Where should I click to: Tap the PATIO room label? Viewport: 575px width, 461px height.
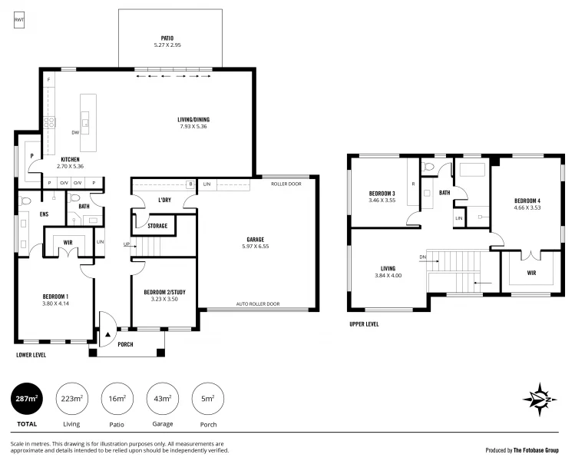click(x=167, y=38)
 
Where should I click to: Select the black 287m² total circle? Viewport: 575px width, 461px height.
click(x=26, y=398)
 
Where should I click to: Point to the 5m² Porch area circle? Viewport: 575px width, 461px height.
click(x=207, y=398)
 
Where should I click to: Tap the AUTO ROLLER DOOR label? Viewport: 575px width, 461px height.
click(x=258, y=303)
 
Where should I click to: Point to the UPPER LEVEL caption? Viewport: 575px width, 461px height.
click(x=364, y=324)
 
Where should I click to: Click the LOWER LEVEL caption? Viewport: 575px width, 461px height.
click(x=31, y=355)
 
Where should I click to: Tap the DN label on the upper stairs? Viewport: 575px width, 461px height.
click(x=422, y=257)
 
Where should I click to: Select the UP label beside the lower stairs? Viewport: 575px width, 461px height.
click(x=127, y=244)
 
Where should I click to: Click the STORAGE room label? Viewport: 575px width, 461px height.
click(x=157, y=226)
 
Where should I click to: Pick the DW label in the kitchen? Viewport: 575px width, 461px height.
click(x=75, y=132)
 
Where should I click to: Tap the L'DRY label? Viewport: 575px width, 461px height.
click(x=164, y=200)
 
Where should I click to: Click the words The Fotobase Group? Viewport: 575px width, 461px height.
click(x=536, y=450)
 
